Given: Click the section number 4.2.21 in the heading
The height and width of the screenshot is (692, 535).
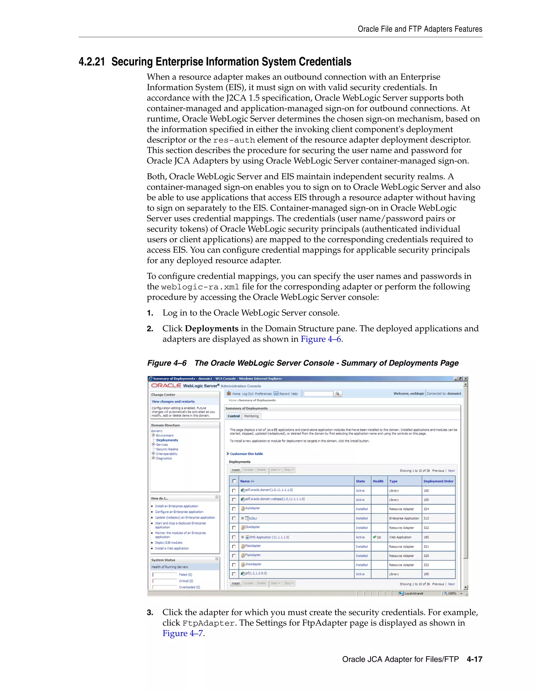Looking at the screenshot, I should coord(92,62).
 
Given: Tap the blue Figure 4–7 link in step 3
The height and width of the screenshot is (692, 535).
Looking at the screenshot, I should coord(183,634).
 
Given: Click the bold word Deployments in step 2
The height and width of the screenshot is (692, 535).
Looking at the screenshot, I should coord(211,329).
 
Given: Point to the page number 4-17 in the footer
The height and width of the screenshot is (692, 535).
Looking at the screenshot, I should coord(474,659).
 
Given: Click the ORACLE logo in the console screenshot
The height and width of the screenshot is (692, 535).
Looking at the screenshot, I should coord(166,386).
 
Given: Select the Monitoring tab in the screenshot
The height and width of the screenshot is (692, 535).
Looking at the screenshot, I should coord(251,416).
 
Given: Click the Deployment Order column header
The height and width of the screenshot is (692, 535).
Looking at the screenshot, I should coord(438,481).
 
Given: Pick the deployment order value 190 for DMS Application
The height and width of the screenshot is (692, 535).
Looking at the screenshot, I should coord(426,537).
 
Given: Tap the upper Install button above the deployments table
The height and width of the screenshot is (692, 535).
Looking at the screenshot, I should coord(235,470).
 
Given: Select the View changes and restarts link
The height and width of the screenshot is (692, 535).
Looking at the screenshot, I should coord(173,401).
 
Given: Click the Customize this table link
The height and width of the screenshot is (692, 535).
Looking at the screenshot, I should coord(246,454).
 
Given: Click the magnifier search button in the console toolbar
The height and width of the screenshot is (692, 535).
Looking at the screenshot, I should coord(338,394).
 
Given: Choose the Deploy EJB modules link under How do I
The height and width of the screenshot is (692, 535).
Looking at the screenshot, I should coord(168,542).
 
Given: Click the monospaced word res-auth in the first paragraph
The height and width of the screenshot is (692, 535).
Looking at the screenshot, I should coord(234,140).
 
